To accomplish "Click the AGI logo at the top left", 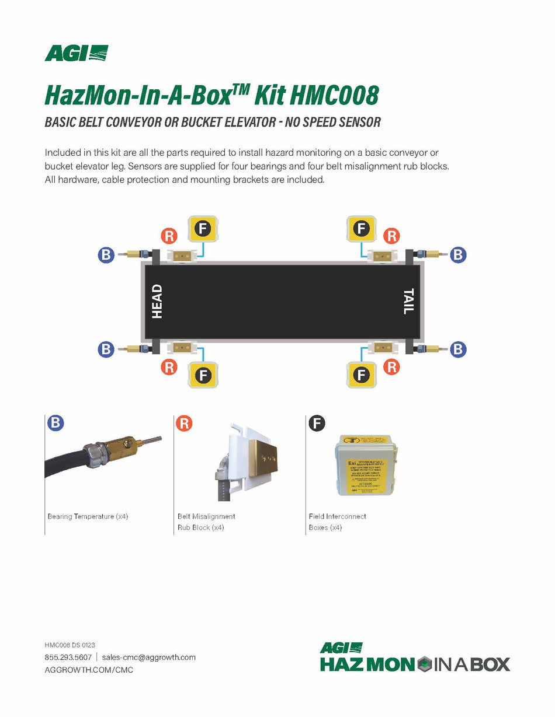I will click(76, 53).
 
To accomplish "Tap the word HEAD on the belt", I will click(157, 301).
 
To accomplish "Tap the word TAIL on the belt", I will click(408, 301).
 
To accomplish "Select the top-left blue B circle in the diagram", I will click(106, 254).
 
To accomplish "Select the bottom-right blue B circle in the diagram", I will click(458, 349).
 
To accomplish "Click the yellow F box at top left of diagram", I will click(202, 229).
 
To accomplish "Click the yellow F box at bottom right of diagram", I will click(361, 375).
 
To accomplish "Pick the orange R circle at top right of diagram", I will click(391, 236).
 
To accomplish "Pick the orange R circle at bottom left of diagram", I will click(169, 367).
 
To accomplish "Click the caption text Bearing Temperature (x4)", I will click(88, 516).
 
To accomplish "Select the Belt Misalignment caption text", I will click(206, 516).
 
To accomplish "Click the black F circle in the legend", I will click(317, 423).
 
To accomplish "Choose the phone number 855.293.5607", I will click(68, 657).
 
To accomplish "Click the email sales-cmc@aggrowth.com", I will click(148, 657).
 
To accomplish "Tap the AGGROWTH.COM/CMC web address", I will click(89, 670).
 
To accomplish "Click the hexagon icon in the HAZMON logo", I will click(424, 664).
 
